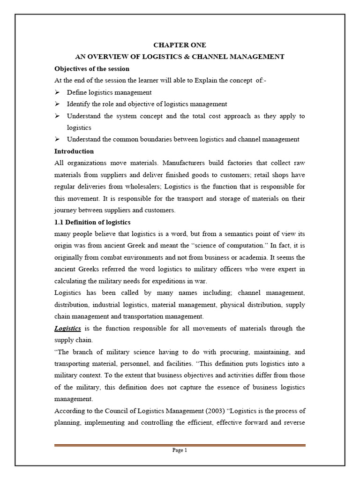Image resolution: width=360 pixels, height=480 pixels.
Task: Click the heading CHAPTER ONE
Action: click(x=180, y=45)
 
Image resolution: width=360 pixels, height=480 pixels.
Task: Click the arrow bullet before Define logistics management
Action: click(x=57, y=92)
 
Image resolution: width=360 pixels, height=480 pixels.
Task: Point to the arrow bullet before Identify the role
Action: click(x=57, y=104)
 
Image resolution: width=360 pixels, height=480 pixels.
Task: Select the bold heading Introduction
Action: click(x=74, y=151)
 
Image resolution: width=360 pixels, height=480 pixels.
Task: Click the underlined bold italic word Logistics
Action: click(x=68, y=328)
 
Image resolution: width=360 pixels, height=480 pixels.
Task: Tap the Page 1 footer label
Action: click(x=180, y=450)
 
